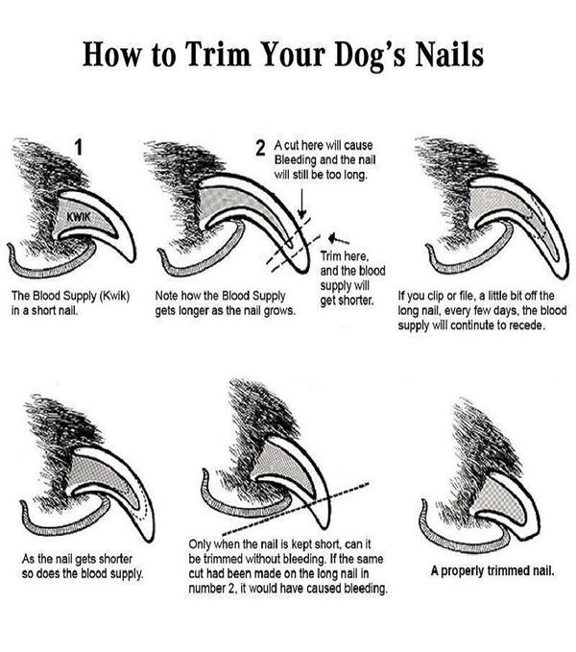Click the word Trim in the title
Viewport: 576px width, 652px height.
click(x=217, y=55)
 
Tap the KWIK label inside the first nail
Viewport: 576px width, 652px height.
click(x=78, y=216)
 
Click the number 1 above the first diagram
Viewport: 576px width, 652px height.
click(x=78, y=148)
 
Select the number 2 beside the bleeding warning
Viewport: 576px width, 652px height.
click(x=260, y=148)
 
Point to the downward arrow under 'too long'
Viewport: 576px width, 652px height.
click(x=302, y=203)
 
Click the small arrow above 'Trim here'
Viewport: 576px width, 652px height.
click(x=338, y=239)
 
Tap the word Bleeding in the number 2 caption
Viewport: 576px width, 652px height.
click(x=294, y=159)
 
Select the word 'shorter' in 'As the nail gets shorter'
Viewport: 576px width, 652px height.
click(x=115, y=559)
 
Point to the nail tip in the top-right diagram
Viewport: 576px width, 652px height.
click(x=563, y=277)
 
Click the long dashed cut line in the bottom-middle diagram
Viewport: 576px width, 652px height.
click(x=296, y=509)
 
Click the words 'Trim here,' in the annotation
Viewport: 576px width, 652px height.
click(x=344, y=256)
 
